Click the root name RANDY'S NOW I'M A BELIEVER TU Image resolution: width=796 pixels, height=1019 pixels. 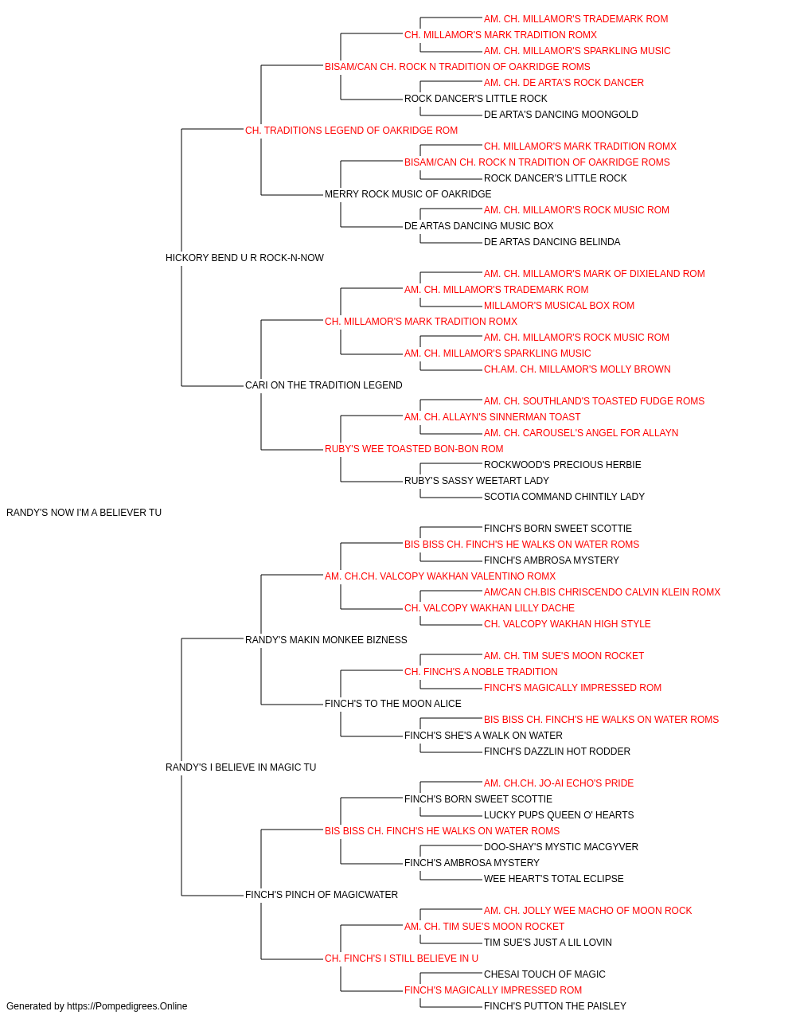coord(84,513)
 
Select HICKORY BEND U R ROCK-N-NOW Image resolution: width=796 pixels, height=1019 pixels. coord(244,258)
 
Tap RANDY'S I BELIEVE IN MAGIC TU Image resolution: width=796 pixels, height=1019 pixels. coord(240,767)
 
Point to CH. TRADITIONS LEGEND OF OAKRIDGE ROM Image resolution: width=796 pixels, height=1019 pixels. coord(351,131)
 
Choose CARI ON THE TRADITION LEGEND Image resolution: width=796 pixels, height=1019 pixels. coord(323,385)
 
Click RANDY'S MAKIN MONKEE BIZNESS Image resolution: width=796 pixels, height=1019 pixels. coord(326,640)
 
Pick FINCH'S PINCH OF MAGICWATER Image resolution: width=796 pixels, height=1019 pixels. coord(321,895)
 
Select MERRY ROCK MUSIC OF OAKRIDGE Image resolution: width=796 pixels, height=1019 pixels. coord(408,194)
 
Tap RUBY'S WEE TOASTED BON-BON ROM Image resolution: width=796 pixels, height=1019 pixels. coord(414,449)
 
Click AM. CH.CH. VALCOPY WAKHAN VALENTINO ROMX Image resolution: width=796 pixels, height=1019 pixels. coord(439,576)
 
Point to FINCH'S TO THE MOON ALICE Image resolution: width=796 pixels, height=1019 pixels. coord(393,704)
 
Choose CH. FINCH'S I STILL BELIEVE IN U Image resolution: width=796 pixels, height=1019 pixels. coord(401,958)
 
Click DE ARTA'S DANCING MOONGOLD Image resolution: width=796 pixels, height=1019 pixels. coord(560,115)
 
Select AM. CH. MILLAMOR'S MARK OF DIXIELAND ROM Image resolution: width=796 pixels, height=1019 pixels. coord(594,274)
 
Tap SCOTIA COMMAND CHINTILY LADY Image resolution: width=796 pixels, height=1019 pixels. coord(564,497)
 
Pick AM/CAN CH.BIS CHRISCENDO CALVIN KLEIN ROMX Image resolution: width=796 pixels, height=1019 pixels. coord(602,592)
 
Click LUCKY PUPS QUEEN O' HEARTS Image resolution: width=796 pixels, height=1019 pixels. coord(558,815)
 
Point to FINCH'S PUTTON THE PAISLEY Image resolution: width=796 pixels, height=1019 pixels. coord(555,1006)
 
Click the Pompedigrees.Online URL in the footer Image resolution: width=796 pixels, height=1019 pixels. coord(127,1006)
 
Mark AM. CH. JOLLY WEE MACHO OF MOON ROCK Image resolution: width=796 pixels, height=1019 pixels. coord(587,911)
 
